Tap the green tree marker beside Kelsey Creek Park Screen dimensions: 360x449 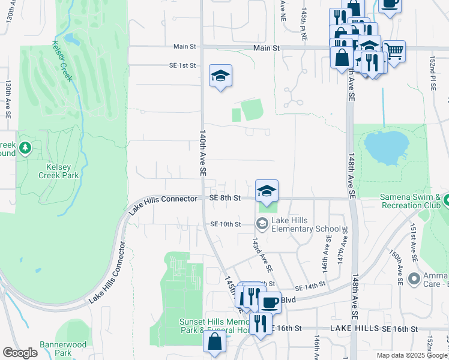pos(25,148)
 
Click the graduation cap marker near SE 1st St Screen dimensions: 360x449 pos(220,76)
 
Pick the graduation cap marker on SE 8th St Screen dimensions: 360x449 pos(267,191)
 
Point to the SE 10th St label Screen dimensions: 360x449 pos(225,224)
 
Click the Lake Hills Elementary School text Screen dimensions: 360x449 pos(306,224)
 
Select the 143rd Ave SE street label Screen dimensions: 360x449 pos(262,253)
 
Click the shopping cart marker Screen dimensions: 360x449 pos(394,52)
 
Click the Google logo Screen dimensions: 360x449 pos(20,353)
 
